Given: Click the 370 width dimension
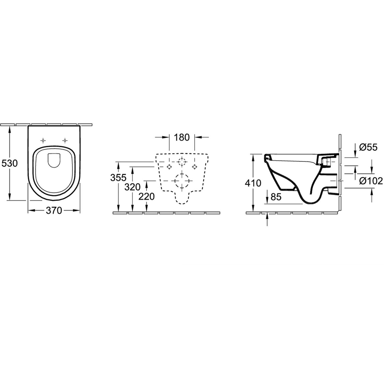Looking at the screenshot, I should (54, 211).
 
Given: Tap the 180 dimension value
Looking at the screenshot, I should (182, 137).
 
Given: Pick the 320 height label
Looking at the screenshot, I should (132, 187).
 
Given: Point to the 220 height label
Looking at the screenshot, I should (147, 196).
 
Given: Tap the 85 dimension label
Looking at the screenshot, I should (276, 197).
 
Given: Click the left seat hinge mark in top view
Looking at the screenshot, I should (43, 141).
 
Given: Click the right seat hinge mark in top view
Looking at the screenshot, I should (65, 141).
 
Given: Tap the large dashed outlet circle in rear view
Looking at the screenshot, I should (182, 180).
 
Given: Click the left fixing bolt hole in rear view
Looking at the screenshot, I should (169, 166).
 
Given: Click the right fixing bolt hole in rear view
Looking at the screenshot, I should (195, 166).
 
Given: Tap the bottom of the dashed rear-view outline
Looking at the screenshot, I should (182, 204).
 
